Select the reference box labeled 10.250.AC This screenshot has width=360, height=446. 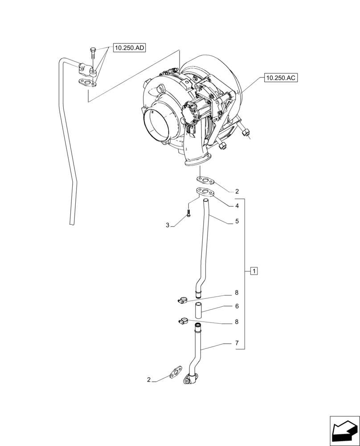(280, 78)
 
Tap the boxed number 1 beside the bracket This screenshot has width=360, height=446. (254, 271)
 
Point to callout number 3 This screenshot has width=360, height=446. (168, 226)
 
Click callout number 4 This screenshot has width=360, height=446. (237, 206)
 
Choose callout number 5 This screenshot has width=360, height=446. (237, 221)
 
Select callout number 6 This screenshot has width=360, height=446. (237, 306)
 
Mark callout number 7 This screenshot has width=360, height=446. (237, 343)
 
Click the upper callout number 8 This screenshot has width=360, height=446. (237, 293)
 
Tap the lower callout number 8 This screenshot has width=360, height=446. (237, 321)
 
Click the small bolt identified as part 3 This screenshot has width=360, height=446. (189, 214)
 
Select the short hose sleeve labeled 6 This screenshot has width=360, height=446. (198, 310)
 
